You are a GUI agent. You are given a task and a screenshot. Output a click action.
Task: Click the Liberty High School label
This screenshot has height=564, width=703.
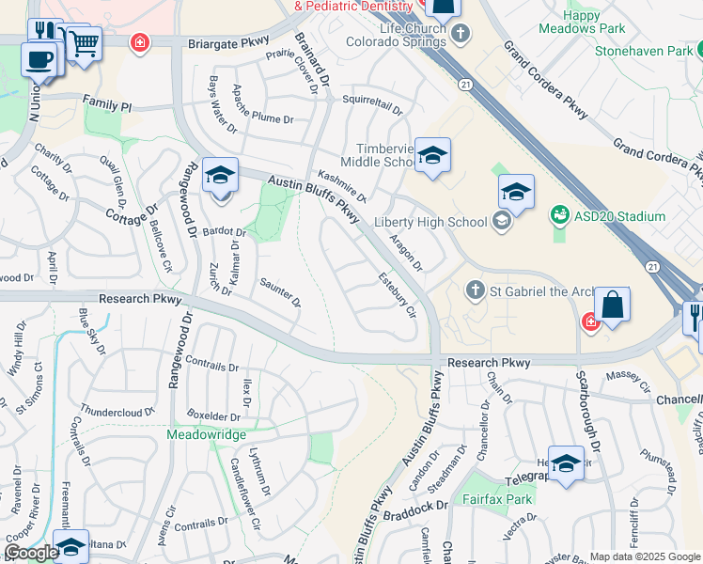(430, 222)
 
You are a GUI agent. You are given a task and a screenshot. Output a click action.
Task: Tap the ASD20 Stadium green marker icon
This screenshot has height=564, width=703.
(560, 216)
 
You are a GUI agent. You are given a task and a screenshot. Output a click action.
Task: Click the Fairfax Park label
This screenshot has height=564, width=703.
(498, 499)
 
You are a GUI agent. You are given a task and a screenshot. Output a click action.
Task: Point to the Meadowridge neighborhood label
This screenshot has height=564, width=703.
(207, 434)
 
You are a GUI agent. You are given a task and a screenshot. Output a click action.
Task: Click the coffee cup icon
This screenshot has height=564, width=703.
(39, 59)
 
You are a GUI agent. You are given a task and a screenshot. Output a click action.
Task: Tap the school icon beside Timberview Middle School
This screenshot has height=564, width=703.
(432, 155)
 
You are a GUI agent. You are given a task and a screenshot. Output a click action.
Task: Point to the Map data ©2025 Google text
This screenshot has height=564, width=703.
(645, 556)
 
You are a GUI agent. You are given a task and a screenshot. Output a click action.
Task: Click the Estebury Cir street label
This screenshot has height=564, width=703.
(397, 293)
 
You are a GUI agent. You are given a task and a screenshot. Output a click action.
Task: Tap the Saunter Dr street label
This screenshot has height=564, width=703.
(279, 293)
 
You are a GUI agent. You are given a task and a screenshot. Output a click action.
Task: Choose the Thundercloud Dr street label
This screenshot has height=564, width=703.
(117, 411)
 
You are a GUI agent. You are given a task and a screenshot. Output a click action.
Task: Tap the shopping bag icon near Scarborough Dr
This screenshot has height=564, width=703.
(611, 305)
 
